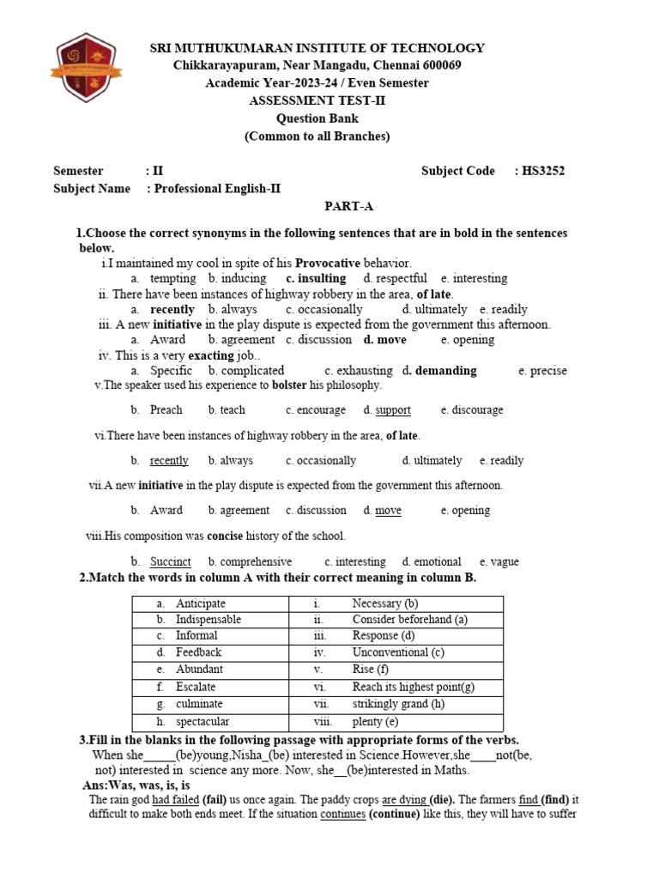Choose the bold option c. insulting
tap(316, 278)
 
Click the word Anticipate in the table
tap(201, 603)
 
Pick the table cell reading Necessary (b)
tap(385, 603)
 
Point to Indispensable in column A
tap(209, 619)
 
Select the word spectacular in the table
tap(203, 722)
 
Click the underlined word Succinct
tap(171, 562)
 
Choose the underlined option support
tap(393, 410)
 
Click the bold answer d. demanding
tap(439, 371)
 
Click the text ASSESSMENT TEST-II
tap(311, 100)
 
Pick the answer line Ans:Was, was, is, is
tap(136, 785)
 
